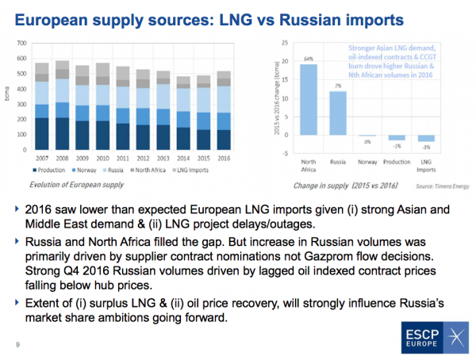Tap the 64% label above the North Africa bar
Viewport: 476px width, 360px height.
309,58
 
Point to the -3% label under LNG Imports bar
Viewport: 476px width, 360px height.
425,147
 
